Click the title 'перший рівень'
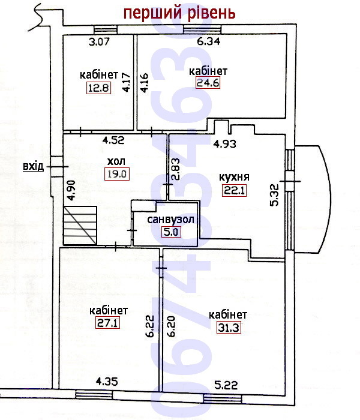pyautogui.click(x=179, y=13)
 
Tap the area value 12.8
pyautogui.click(x=98, y=88)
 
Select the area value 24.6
pyautogui.click(x=208, y=83)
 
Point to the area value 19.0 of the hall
pyautogui.click(x=117, y=174)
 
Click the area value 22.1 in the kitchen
pyautogui.click(x=234, y=191)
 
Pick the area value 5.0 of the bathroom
pyautogui.click(x=171, y=232)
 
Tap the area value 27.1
pyautogui.click(x=107, y=323)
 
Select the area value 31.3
pyautogui.click(x=229, y=328)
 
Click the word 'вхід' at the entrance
pyautogui.click(x=33, y=166)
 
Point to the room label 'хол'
pyautogui.click(x=116, y=161)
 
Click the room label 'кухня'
pyautogui.click(x=234, y=177)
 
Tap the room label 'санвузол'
pyautogui.click(x=170, y=220)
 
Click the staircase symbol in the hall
pyautogui.click(x=80, y=225)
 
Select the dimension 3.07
pyautogui.click(x=99, y=42)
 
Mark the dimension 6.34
pyautogui.click(x=209, y=41)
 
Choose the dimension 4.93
pyautogui.click(x=224, y=144)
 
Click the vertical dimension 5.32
pyautogui.click(x=274, y=195)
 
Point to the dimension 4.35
pyautogui.click(x=107, y=382)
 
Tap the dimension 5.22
pyautogui.click(x=226, y=385)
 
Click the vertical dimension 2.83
pyautogui.click(x=175, y=170)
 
